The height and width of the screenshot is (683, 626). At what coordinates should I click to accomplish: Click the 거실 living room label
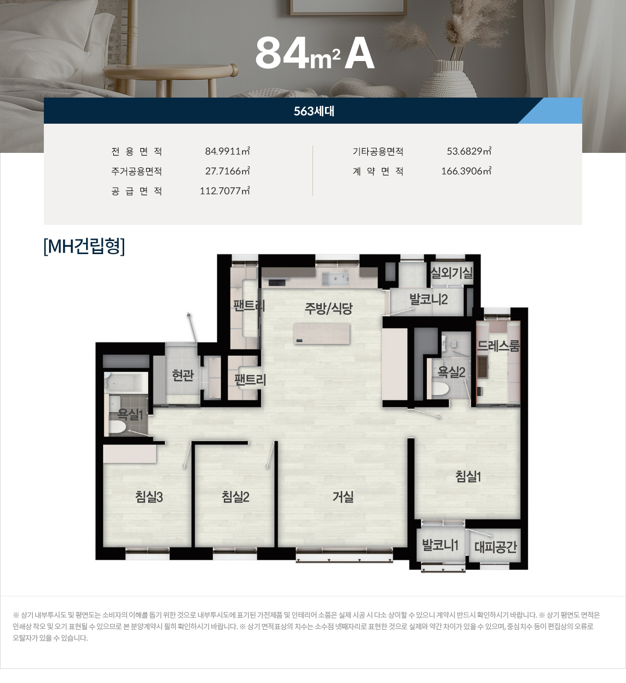pos(343,497)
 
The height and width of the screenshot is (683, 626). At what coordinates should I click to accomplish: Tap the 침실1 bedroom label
pos(468,476)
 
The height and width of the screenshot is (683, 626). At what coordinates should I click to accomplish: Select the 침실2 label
pos(235,497)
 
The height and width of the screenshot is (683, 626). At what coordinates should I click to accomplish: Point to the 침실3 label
pos(149,497)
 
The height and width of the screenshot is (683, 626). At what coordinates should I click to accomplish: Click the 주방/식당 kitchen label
pos(329,308)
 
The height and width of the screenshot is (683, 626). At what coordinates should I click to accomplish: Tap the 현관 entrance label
pos(183,375)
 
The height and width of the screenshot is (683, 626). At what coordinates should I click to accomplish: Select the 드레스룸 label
pos(498,346)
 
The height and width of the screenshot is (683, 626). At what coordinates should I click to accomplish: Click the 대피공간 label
pos(495,547)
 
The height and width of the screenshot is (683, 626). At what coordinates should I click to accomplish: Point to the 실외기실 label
pos(451,272)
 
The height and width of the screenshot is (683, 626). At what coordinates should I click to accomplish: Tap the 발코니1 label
pos(440,545)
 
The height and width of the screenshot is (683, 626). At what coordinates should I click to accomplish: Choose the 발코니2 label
pos(428,299)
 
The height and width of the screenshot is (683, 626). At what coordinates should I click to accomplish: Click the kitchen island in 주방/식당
pos(322,333)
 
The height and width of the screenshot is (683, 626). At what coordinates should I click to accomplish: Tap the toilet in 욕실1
pos(117,427)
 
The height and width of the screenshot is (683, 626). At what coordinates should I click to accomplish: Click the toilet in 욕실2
pos(440,389)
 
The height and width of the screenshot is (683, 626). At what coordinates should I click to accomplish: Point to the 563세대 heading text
pos(314,111)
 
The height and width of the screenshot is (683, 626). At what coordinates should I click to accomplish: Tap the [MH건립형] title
pos(85,246)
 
